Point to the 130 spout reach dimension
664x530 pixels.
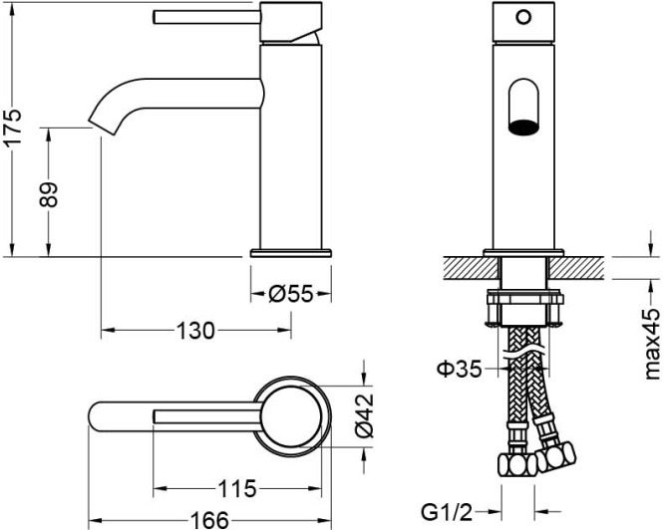click(x=195, y=330)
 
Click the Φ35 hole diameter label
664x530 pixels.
click(x=459, y=369)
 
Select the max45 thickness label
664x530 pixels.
click(x=652, y=344)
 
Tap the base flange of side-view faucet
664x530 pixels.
click(x=290, y=252)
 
